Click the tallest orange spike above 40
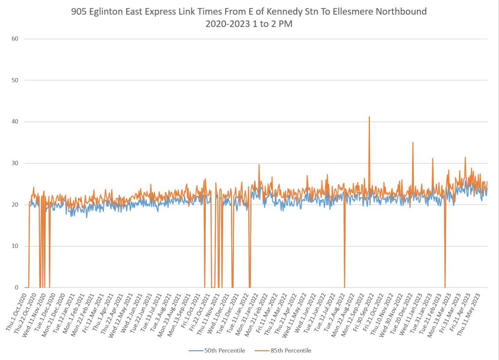pyautogui.click(x=369, y=117)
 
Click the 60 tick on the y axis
pyautogui.click(x=15, y=38)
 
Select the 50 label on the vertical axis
pyautogui.click(x=15, y=80)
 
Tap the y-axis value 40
pyautogui.click(x=15, y=121)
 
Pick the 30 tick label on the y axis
pyautogui.click(x=15, y=163)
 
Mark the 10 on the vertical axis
pyautogui.click(x=15, y=246)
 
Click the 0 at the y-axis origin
pyautogui.click(x=17, y=287)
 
